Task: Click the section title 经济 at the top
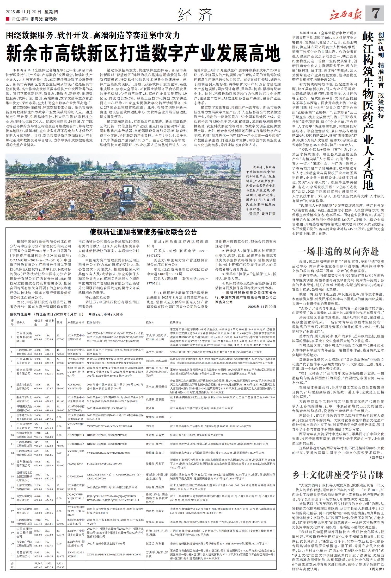click(x=195, y=15)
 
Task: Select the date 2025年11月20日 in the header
click(x=23, y=12)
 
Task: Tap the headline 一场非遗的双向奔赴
click(x=338, y=251)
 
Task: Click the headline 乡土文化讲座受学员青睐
click(x=338, y=475)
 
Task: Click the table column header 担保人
click(x=150, y=322)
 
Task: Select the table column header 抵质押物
click(x=175, y=322)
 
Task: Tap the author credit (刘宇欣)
click(x=377, y=457)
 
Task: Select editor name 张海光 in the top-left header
click(x=36, y=19)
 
